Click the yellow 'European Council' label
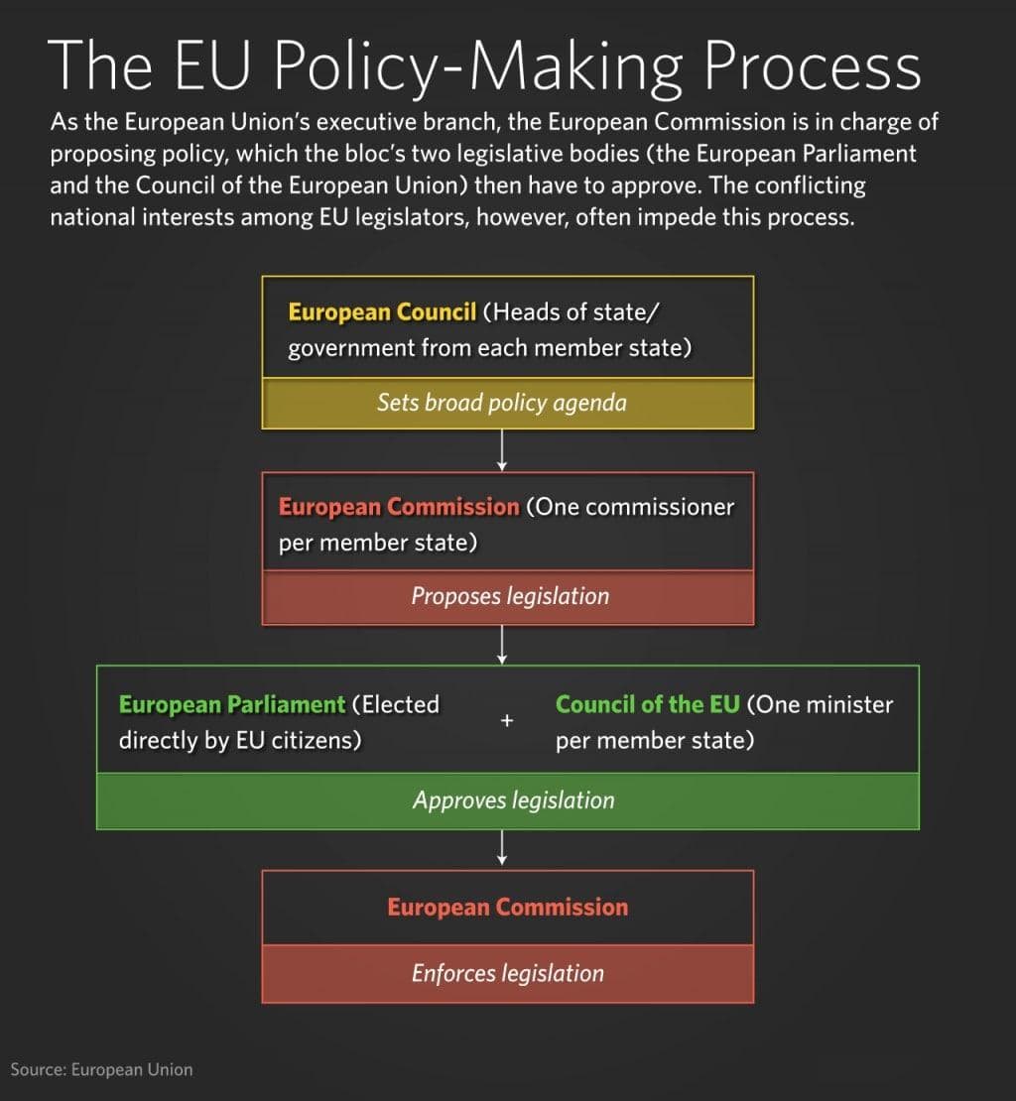382,311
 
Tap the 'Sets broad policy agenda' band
508,403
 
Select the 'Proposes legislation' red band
508,597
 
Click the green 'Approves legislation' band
508,801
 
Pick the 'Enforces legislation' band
508,974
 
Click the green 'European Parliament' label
232,704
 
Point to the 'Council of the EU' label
647,704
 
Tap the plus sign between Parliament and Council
507,721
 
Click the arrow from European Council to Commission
501,450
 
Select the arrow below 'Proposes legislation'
501,645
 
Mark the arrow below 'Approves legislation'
501,847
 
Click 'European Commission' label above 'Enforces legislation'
508,908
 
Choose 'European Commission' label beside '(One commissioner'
399,507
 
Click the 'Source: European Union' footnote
101,1069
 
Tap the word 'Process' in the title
812,65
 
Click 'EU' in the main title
211,65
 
